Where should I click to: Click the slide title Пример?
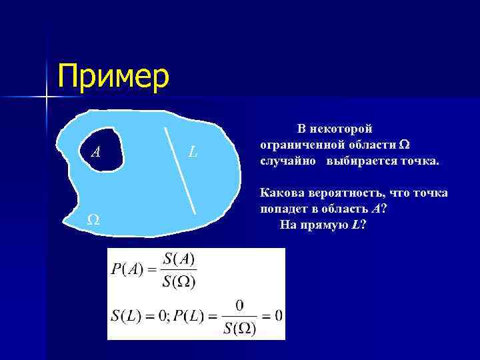pyautogui.click(x=113, y=76)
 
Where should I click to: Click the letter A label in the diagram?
pyautogui.click(x=96, y=153)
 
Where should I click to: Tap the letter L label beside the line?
pyautogui.click(x=193, y=152)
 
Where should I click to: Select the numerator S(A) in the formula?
pyautogui.click(x=179, y=258)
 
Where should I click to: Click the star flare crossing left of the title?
pyautogui.click(x=47, y=98)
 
